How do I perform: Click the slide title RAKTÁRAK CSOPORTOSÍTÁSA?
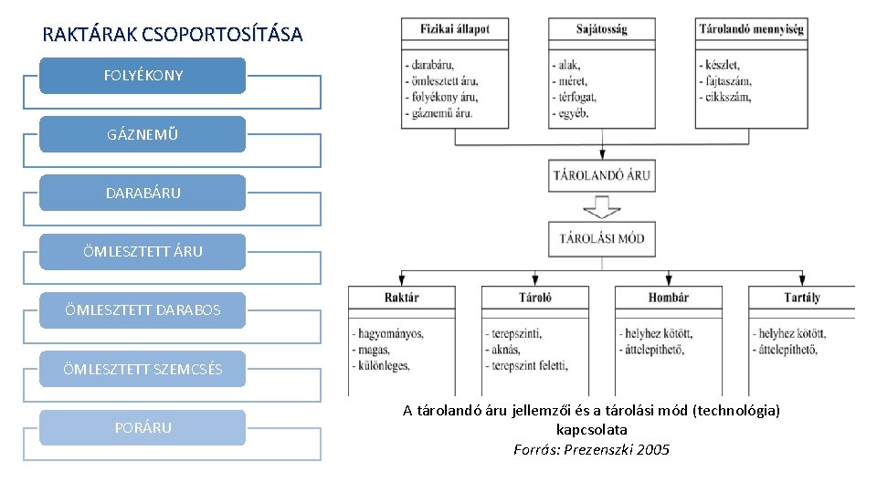[x=172, y=36]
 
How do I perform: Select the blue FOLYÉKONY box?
[x=143, y=76]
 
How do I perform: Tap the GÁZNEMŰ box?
[x=143, y=134]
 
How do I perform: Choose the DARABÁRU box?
[x=143, y=193]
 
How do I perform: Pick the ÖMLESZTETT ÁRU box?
[x=143, y=251]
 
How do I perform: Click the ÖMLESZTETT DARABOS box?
[x=143, y=309]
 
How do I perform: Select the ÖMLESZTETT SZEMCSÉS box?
[x=143, y=369]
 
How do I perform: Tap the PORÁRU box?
[x=143, y=427]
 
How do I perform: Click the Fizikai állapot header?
[x=454, y=29]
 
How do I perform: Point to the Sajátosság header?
[x=601, y=29]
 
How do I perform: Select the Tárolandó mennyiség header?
[x=751, y=29]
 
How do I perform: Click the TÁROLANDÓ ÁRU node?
[x=602, y=175]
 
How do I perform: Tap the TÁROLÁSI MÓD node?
[x=602, y=239]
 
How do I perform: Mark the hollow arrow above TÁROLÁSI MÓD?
[x=602, y=208]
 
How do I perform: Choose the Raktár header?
[x=401, y=298]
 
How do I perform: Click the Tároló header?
[x=534, y=298]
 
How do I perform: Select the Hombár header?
[x=668, y=298]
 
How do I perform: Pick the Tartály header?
[x=801, y=298]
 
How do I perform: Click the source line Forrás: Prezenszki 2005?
[x=591, y=449]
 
